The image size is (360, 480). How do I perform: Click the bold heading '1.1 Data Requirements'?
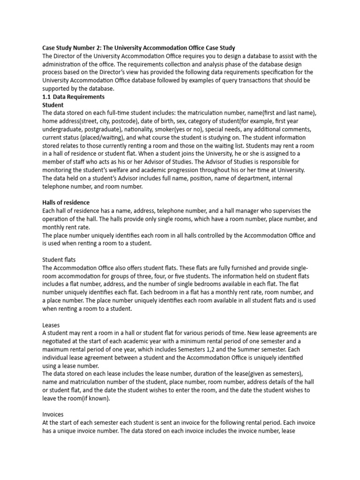coord(74,97)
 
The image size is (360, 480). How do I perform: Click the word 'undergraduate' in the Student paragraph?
coord(64,129)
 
